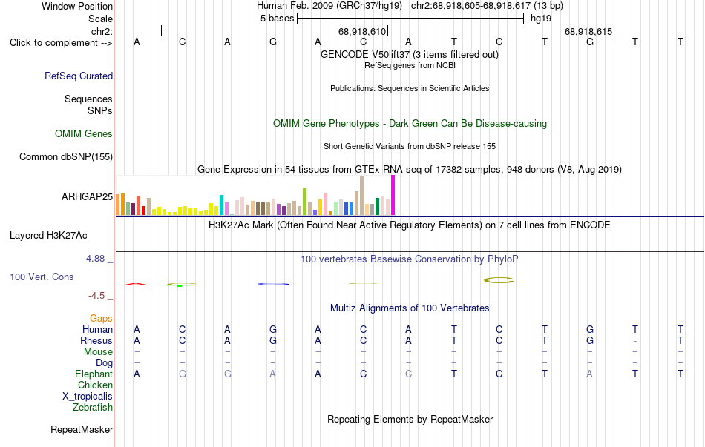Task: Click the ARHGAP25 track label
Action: point(87,196)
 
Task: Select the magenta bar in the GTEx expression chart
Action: point(393,195)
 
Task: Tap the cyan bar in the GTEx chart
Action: point(221,205)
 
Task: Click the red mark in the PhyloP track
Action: point(135,284)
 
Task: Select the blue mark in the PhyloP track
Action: point(273,284)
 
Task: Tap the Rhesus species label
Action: point(96,340)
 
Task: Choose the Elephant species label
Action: point(94,374)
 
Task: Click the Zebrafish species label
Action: point(93,408)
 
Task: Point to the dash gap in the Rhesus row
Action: point(634,341)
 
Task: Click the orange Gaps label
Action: point(101,319)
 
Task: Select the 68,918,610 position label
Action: point(362,31)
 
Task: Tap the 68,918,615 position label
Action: point(588,31)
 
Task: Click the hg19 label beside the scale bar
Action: point(541,19)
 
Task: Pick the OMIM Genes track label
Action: point(84,134)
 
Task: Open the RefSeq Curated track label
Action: point(79,76)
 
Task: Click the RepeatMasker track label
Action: point(82,430)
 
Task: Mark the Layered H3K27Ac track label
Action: point(48,236)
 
